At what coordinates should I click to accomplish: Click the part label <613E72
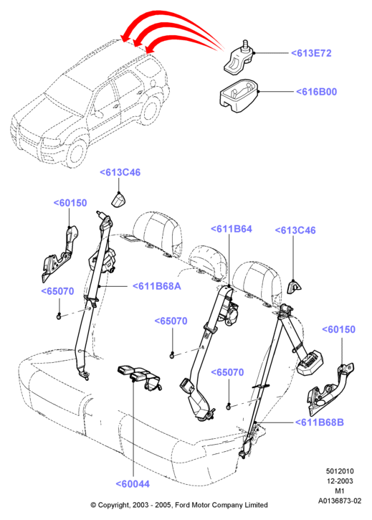click(311, 53)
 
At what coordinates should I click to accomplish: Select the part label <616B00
click(316, 92)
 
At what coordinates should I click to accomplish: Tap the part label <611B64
click(232, 229)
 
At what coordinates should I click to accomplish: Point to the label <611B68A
click(157, 286)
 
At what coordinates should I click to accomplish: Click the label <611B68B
click(319, 422)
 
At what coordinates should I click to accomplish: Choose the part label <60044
click(133, 484)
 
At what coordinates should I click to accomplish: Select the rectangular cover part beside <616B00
click(239, 95)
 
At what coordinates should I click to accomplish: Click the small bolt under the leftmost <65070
click(59, 316)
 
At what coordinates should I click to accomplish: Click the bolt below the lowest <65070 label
click(229, 406)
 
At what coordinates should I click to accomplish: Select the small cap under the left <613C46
click(118, 199)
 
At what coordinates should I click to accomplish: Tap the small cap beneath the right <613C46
click(293, 286)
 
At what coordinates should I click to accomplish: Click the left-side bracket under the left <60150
click(59, 254)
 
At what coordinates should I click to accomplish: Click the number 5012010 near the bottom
click(340, 471)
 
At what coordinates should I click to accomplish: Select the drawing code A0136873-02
click(340, 501)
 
